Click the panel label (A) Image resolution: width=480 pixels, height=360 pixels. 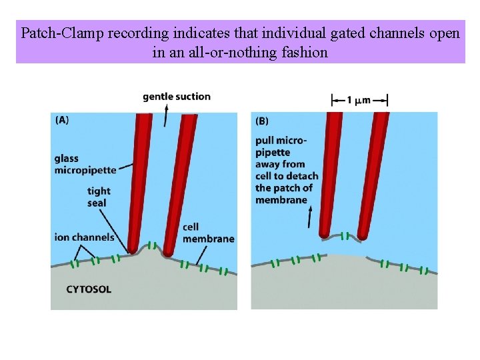tap(61, 121)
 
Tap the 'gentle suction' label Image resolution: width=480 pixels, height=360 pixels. tap(176, 97)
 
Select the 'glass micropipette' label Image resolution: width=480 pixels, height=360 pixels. tap(85, 164)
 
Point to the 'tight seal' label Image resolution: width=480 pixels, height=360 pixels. tap(99, 197)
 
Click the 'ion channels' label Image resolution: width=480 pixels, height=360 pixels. tap(84, 237)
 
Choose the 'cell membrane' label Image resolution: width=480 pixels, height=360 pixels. tap(208, 233)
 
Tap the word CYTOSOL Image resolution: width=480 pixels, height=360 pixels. tap(89, 289)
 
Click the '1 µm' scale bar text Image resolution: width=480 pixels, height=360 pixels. tap(359, 101)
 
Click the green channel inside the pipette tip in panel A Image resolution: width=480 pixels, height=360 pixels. tap(154, 245)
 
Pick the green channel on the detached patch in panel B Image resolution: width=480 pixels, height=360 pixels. tap(345, 235)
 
